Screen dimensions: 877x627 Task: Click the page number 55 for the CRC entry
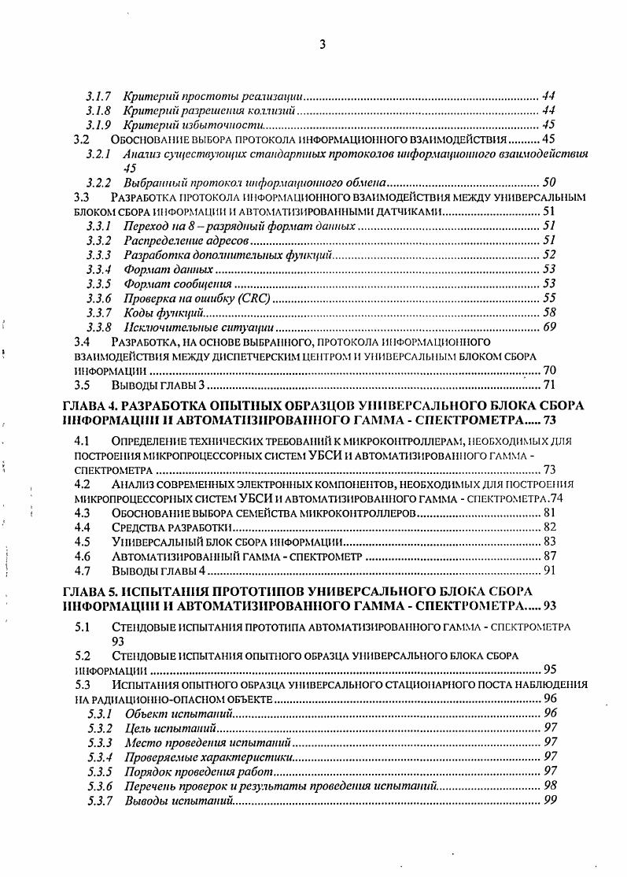[x=550, y=298]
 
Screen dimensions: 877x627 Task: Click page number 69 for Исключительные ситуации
[x=550, y=327]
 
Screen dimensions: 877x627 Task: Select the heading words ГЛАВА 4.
[x=92, y=406]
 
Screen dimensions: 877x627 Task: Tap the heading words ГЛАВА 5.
[x=92, y=590]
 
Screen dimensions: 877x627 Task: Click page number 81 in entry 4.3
[x=550, y=513]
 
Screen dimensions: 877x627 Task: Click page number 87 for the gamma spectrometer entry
[x=550, y=556]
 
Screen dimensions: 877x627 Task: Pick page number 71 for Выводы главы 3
[x=550, y=385]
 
